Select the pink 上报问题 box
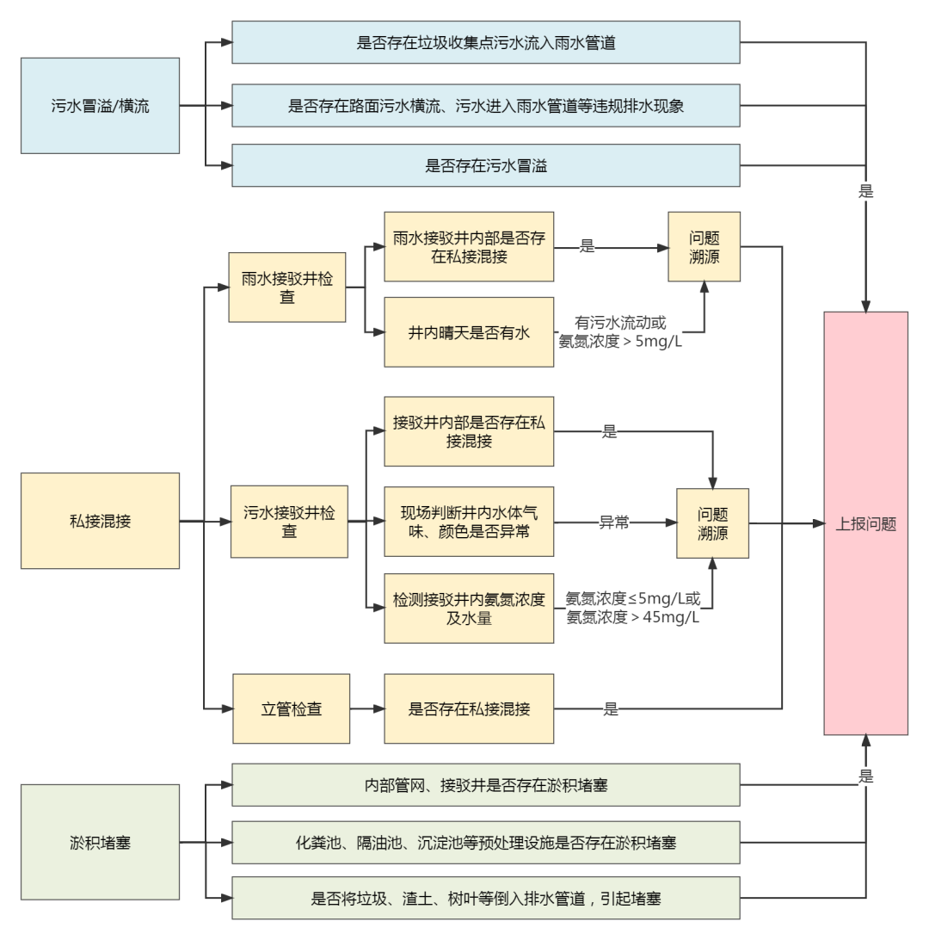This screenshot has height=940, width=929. pyautogui.click(x=865, y=523)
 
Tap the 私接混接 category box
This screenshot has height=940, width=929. pyautogui.click(x=100, y=521)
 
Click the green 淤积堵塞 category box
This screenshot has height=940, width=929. pyautogui.click(x=100, y=840)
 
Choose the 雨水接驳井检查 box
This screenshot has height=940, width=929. pyautogui.click(x=287, y=287)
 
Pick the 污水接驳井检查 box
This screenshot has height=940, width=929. pyautogui.click(x=289, y=523)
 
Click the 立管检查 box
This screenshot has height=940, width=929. pyautogui.click(x=292, y=709)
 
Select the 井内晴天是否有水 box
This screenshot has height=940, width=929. pyautogui.click(x=468, y=332)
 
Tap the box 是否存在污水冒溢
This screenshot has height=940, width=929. pyautogui.click(x=486, y=166)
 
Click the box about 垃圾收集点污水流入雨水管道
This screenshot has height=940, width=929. pyautogui.click(x=486, y=42)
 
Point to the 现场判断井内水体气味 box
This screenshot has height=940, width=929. pyautogui.click(x=468, y=523)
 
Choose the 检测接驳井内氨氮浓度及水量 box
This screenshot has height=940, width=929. pyautogui.click(x=468, y=609)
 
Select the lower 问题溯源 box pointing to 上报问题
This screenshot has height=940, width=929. pyautogui.click(x=712, y=523)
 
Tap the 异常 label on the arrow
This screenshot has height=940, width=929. pyautogui.click(x=613, y=523)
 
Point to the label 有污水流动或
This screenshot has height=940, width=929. pyautogui.click(x=621, y=324)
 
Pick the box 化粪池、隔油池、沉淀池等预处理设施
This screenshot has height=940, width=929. pyautogui.click(x=486, y=843)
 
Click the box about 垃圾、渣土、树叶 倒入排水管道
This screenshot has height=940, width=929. pyautogui.click(x=486, y=898)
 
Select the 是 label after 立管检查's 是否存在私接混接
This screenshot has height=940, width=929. pyautogui.click(x=611, y=710)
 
